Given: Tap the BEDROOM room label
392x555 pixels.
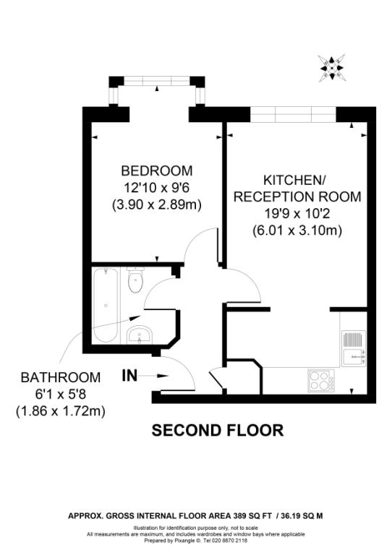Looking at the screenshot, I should tap(157, 171).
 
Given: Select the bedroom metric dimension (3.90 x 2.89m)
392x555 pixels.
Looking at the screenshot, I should tap(157, 205).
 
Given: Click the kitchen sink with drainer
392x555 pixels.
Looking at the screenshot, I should tap(354, 348).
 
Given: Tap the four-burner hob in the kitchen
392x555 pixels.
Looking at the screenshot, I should tap(320, 379).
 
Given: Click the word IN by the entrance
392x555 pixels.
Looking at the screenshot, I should tap(129, 375).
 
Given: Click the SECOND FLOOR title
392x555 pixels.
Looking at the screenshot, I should tap(217, 431).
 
